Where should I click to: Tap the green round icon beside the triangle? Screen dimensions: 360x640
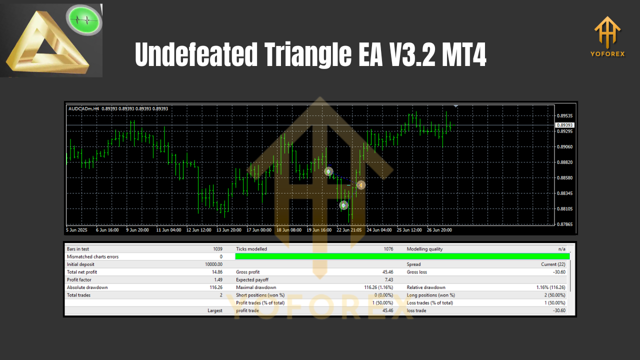click(84, 21)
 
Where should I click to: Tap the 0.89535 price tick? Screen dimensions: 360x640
click(564, 115)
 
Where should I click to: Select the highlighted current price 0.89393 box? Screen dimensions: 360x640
click(565, 125)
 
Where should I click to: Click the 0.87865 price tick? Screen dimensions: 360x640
click(564, 224)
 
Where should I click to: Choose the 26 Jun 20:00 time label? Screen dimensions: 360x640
click(439, 230)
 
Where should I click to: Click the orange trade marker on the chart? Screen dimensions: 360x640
click(360, 185)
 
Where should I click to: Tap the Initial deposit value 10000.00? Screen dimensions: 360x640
click(214, 264)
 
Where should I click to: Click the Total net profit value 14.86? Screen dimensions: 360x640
click(216, 272)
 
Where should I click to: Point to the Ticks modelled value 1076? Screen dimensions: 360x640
click(387, 249)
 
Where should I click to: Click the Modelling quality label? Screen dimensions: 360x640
click(424, 249)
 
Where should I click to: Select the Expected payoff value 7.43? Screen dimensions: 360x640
click(388, 280)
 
